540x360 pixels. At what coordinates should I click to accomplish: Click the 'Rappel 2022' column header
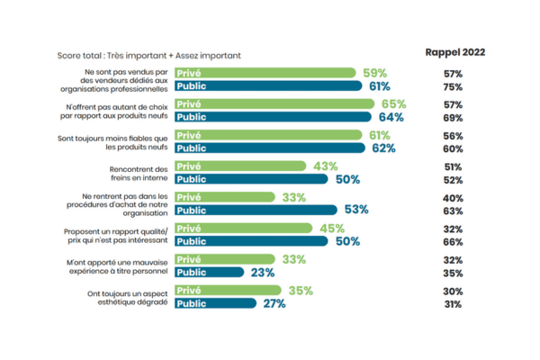click(x=455, y=52)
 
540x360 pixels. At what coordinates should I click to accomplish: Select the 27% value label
click(x=274, y=303)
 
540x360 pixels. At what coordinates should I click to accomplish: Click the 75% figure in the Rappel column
click(x=453, y=86)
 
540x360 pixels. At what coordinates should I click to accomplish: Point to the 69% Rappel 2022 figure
click(x=453, y=118)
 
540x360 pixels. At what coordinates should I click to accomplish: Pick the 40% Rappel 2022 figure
click(x=453, y=198)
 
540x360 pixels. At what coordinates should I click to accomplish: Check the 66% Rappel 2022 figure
click(x=453, y=242)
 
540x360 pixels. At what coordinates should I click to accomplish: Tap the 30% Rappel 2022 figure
click(x=453, y=292)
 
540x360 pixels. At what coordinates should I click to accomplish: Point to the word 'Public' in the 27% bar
click(x=193, y=303)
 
